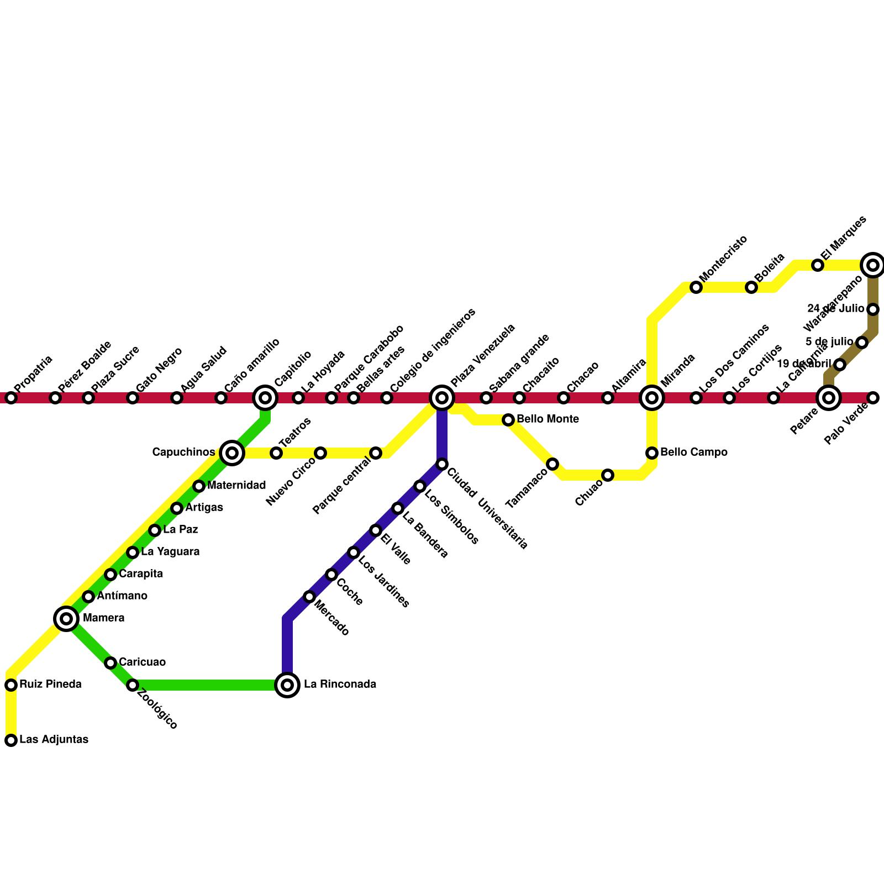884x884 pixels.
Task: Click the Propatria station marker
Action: pyautogui.click(x=11, y=398)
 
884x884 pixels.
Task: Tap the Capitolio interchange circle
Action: pyautogui.click(x=265, y=398)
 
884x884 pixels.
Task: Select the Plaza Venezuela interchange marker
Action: pyautogui.click(x=442, y=398)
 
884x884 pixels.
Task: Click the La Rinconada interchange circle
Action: pyautogui.click(x=287, y=685)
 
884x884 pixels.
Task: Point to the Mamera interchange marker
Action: pyautogui.click(x=66, y=619)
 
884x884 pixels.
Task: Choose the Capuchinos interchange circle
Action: pyautogui.click(x=232, y=453)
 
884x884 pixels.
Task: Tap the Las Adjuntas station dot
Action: pyautogui.click(x=11, y=740)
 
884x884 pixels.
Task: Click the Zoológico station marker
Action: pyautogui.click(x=133, y=685)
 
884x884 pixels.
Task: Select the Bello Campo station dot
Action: pyautogui.click(x=652, y=453)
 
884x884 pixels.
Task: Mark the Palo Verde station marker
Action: pyautogui.click(x=873, y=398)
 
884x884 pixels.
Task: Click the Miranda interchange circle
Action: pyautogui.click(x=652, y=398)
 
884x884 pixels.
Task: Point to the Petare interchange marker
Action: pyautogui.click(x=829, y=398)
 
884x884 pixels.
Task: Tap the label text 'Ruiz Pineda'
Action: pyautogui.click(x=50, y=685)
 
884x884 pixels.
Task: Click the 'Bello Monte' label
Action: pyautogui.click(x=548, y=419)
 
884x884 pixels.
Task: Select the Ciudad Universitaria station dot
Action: pyautogui.click(x=442, y=464)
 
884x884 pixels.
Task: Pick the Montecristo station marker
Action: pyautogui.click(x=696, y=287)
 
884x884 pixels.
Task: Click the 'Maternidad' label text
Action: pyautogui.click(x=236, y=486)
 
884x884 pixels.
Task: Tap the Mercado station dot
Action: pyautogui.click(x=309, y=597)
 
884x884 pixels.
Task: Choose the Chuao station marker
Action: pyautogui.click(x=608, y=475)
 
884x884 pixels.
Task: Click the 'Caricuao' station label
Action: pyautogui.click(x=142, y=662)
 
